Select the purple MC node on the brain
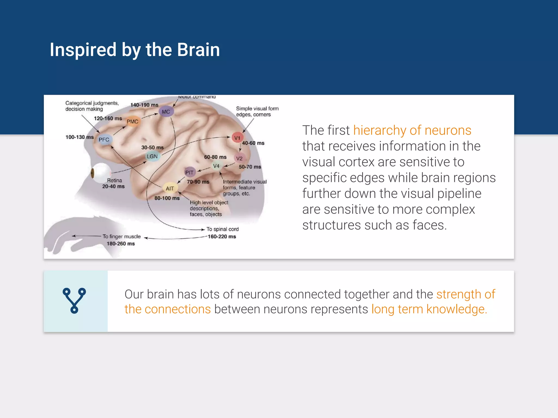(166, 112)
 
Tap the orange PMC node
(132, 121)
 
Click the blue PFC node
(104, 140)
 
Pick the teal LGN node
(152, 156)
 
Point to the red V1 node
(237, 138)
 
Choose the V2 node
(239, 158)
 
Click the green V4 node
(216, 166)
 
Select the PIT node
(189, 173)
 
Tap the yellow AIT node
(170, 188)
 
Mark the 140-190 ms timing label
(144, 105)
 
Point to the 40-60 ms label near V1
(253, 143)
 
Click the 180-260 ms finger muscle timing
(121, 244)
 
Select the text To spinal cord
(222, 229)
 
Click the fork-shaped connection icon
(74, 301)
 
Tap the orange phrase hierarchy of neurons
(412, 130)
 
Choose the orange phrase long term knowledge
(429, 309)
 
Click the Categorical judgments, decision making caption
(92, 106)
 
